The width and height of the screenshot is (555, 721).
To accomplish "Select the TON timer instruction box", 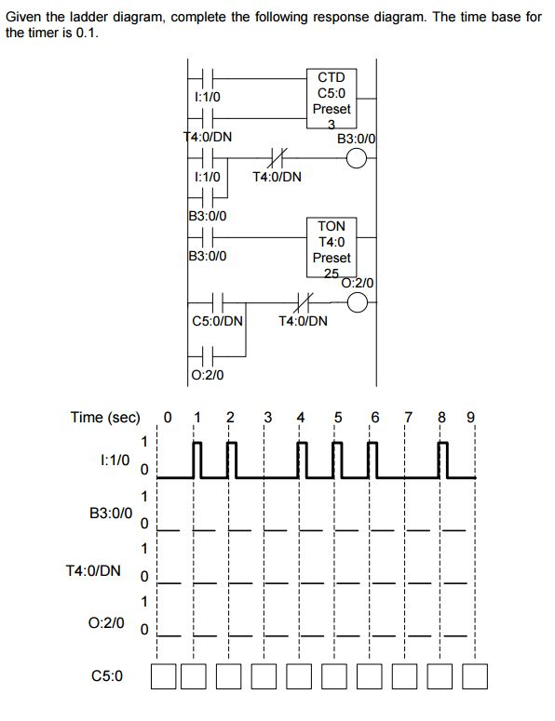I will click(332, 247).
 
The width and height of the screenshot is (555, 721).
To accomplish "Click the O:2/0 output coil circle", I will click(359, 301).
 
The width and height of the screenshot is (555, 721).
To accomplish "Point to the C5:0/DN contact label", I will click(218, 322).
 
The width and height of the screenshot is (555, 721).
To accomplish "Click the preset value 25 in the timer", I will click(332, 273).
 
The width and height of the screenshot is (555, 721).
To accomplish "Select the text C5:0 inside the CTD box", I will click(333, 93).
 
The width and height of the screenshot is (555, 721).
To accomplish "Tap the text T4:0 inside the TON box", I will click(332, 242).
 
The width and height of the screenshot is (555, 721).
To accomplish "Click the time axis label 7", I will click(407, 417).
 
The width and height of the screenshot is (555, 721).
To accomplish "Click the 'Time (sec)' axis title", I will click(105, 417).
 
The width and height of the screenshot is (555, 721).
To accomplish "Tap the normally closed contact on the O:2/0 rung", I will click(301, 301).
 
